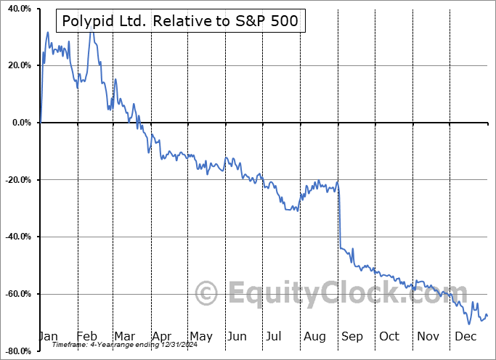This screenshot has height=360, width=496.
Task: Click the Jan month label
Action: [48, 336]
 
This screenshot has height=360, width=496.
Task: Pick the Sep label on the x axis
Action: [352, 336]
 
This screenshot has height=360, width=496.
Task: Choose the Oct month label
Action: [389, 336]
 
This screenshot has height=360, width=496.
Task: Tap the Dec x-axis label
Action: [465, 336]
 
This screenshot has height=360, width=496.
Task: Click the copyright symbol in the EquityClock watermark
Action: [207, 293]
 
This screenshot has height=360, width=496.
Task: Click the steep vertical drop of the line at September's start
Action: [339, 218]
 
